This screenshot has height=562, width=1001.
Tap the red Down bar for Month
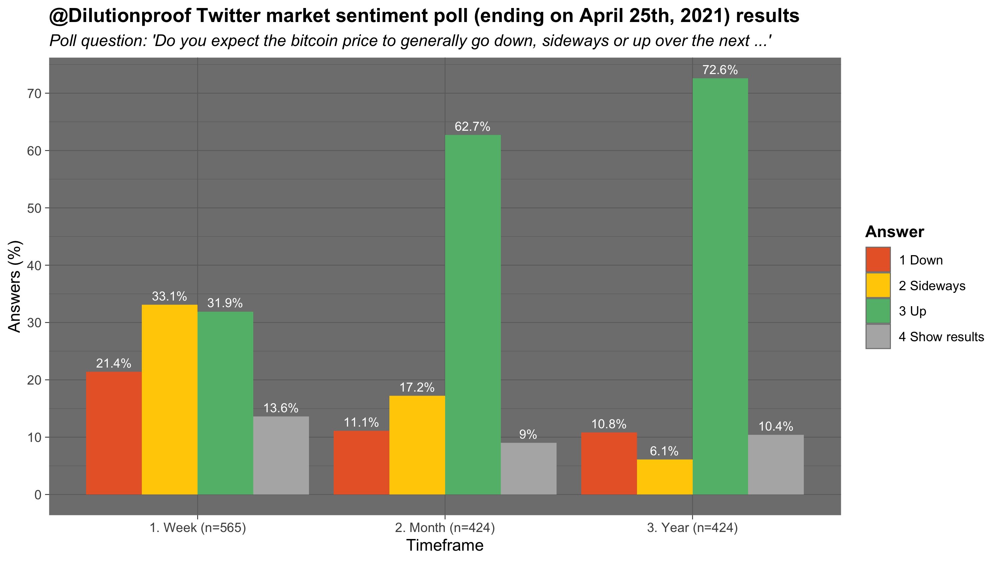pos(361,462)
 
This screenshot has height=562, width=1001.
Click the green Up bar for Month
pos(472,315)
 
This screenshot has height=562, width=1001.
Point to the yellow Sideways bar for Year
pos(664,477)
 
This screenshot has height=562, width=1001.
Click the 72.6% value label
pos(720,70)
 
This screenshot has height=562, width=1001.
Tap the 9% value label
pos(528,435)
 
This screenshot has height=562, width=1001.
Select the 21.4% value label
pos(113,364)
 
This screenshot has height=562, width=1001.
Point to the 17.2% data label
pos(417,387)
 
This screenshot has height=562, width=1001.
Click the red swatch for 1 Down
pos(878,260)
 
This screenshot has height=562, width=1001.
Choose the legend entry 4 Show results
pos(941,337)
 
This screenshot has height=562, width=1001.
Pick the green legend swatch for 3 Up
pos(878,311)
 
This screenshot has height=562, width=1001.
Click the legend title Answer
pos(895,232)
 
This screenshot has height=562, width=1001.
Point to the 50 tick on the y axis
pos(34,208)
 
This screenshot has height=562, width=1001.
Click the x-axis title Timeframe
pos(445,546)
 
